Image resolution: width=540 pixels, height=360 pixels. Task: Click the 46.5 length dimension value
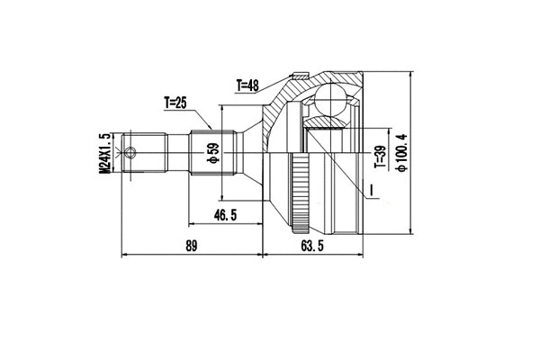[x=226, y=216]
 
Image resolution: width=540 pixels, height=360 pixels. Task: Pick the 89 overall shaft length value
[x=189, y=245]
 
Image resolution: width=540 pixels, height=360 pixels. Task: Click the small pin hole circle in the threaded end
[x=133, y=152]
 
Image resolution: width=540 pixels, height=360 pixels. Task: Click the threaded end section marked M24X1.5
[x=135, y=152]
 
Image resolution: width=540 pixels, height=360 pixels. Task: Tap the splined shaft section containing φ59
[x=212, y=152]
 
